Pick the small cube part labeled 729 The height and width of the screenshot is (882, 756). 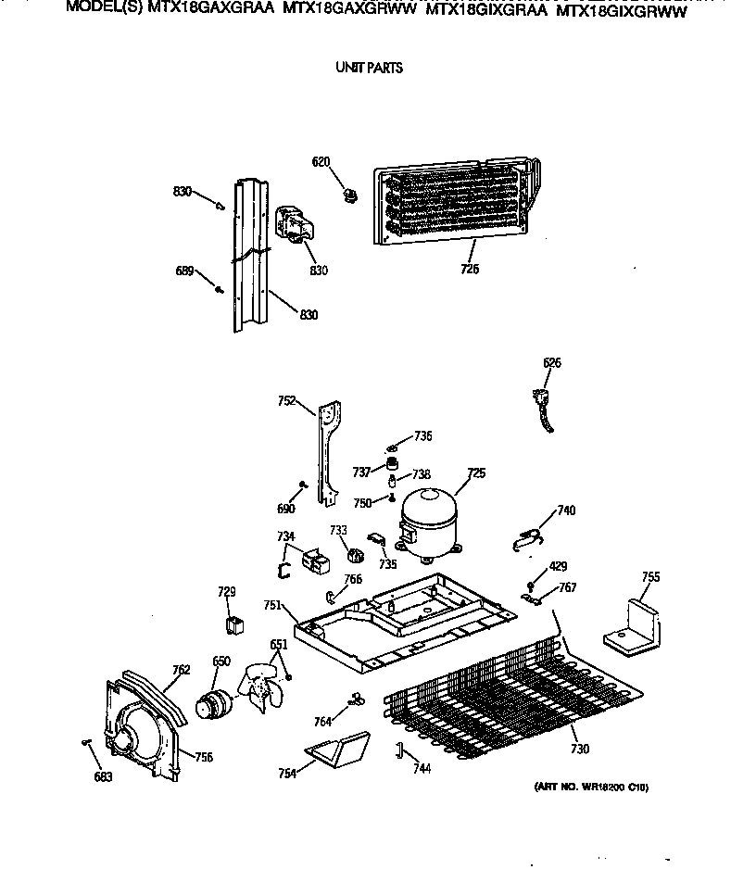(x=234, y=624)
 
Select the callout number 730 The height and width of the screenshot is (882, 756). (x=580, y=749)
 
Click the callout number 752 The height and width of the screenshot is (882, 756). (x=286, y=401)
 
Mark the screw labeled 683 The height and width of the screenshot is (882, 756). (x=86, y=742)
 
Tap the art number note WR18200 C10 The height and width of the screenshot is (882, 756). (x=591, y=787)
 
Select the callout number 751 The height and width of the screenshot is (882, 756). (x=272, y=605)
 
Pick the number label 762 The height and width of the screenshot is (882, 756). (x=182, y=670)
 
